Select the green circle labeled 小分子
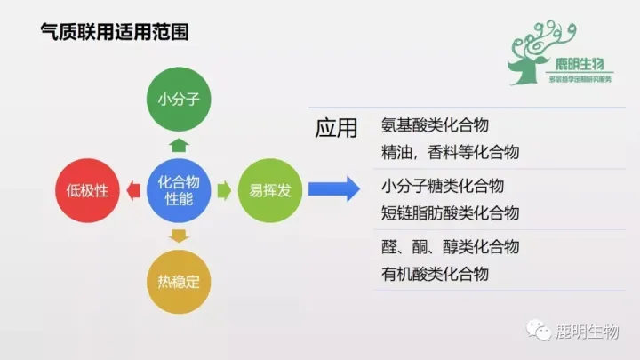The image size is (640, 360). point(178,100)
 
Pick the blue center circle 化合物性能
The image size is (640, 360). point(178,189)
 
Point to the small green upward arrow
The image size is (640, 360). point(178,145)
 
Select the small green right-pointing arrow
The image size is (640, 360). point(223,189)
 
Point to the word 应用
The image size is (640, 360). point(336,128)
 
